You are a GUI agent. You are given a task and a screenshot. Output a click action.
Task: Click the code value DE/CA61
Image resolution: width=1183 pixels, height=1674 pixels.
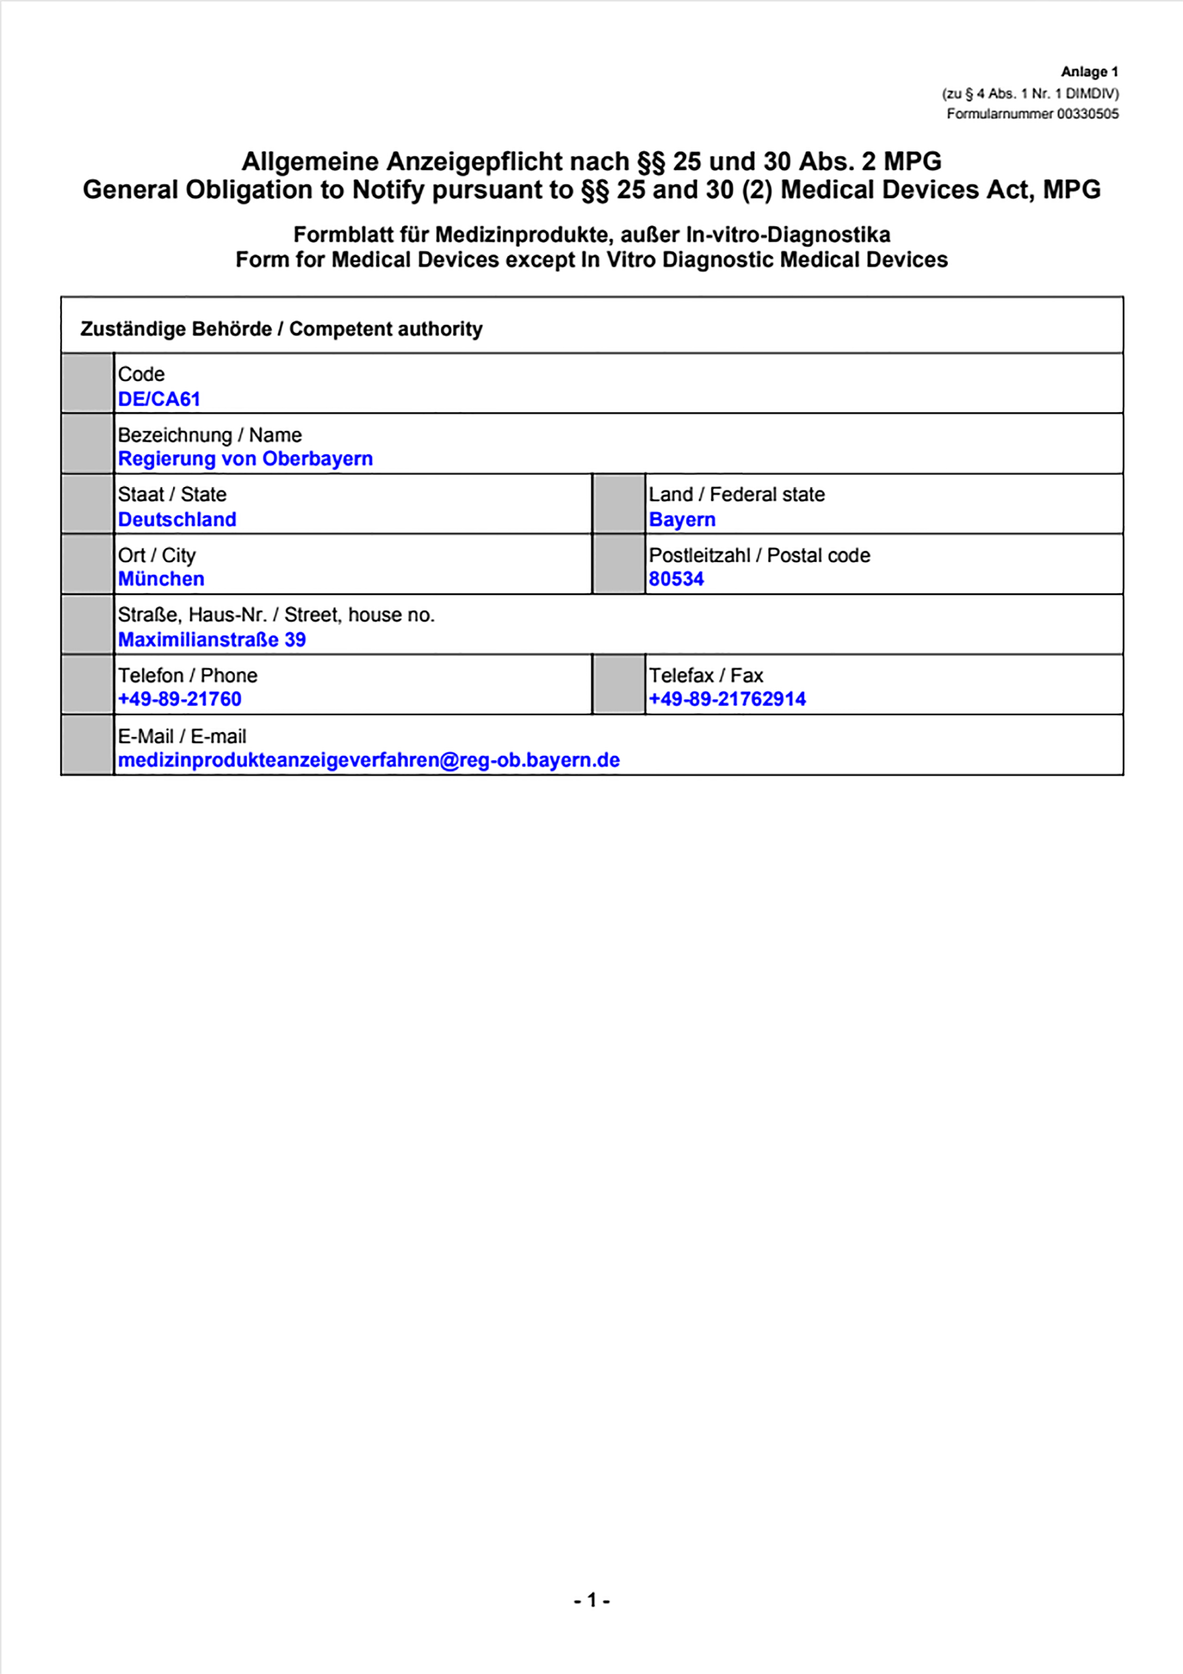click(159, 399)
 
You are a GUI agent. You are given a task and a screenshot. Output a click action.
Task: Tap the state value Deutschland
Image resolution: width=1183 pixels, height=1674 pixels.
click(177, 519)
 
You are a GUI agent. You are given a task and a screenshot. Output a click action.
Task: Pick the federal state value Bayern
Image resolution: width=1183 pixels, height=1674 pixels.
click(682, 519)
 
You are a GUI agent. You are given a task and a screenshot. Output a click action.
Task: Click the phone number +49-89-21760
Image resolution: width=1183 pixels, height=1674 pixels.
click(179, 699)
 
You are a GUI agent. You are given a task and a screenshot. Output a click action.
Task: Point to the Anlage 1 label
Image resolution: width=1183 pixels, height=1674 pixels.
click(1089, 72)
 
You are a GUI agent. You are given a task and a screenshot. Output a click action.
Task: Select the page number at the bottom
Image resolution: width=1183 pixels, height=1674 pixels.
click(591, 1601)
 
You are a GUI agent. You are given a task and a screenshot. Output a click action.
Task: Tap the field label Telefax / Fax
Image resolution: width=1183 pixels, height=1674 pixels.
click(706, 675)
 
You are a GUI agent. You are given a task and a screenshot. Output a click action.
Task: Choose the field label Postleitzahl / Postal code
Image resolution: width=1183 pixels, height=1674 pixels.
click(759, 555)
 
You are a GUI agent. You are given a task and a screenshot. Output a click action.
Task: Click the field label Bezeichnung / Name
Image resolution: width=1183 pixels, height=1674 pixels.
click(209, 435)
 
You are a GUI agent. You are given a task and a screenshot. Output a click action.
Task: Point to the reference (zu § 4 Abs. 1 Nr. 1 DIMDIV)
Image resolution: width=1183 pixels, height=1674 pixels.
click(1030, 94)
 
